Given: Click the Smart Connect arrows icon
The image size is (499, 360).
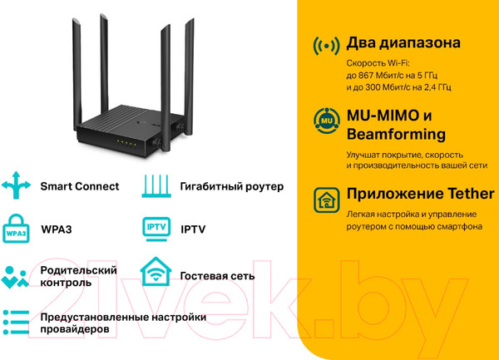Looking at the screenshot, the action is [x=16, y=185].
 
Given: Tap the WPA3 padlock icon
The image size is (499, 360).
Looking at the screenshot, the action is [x=16, y=229].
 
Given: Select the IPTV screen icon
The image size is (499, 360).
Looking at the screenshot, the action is [x=156, y=229].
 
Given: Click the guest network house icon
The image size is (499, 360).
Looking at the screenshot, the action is [x=156, y=271].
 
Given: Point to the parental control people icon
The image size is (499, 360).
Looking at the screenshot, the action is [x=15, y=277].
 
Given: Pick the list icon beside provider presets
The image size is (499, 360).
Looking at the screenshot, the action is [x=16, y=322].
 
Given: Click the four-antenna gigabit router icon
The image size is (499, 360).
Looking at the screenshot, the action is [x=156, y=185].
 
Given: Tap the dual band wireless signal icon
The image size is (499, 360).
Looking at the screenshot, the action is [x=326, y=46].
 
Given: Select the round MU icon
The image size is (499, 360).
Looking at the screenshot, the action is [x=327, y=121].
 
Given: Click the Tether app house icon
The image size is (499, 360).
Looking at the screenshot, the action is [x=327, y=200].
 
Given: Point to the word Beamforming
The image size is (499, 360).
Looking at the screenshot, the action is [x=396, y=134].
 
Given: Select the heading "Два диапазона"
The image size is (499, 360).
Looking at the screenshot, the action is [x=403, y=43].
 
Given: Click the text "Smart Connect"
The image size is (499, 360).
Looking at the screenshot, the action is [x=80, y=186].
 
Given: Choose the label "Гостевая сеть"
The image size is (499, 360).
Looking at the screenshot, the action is [x=217, y=276].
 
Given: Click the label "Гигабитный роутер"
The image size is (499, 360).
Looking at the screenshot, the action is [x=232, y=186].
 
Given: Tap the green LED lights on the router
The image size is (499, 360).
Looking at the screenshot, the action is [x=126, y=143].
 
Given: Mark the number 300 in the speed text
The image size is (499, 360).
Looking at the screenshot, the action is [x=373, y=87].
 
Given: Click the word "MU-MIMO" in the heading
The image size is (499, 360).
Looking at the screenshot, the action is [x=383, y=115].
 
